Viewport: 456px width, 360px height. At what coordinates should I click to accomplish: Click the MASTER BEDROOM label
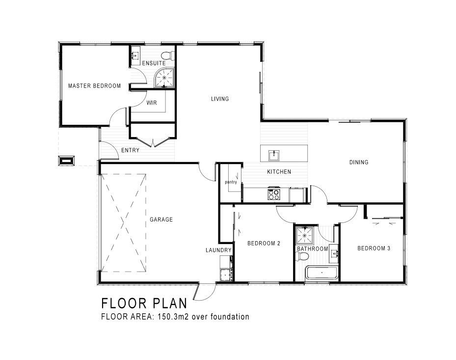tap(94, 86)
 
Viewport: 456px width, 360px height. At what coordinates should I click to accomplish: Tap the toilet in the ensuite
tap(168, 55)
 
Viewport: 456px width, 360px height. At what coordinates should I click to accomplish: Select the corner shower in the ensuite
tap(164, 78)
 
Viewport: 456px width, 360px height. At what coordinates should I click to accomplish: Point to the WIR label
tap(152, 103)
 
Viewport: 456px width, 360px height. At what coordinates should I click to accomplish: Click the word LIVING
tap(220, 99)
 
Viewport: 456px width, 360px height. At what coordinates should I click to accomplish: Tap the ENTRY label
tap(130, 150)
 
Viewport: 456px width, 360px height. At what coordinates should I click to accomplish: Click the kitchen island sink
tap(274, 155)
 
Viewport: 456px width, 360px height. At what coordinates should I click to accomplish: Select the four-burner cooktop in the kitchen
tap(274, 194)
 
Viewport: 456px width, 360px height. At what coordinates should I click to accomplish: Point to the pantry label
tap(231, 182)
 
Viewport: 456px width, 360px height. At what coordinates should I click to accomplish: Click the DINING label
tap(359, 162)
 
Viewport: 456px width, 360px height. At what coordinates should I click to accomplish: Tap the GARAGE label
tap(161, 220)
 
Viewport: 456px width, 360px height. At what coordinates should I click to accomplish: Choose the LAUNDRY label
tap(218, 250)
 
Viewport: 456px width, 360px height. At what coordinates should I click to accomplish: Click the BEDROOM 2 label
tap(264, 243)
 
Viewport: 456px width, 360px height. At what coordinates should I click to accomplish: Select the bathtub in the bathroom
tap(322, 273)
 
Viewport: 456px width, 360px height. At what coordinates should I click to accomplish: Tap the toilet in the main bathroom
tap(302, 256)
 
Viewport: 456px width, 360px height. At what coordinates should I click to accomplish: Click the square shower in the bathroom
tap(304, 235)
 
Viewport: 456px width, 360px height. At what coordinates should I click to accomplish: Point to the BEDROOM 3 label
tap(374, 248)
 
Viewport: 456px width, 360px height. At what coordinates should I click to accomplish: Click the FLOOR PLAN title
tap(144, 303)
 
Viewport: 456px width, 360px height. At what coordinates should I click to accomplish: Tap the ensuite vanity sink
tap(135, 55)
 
